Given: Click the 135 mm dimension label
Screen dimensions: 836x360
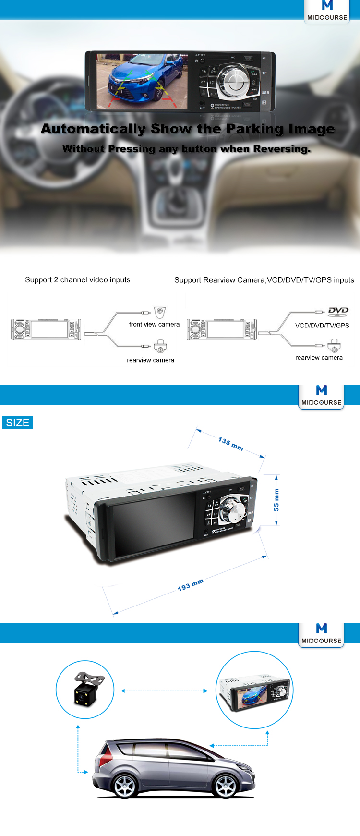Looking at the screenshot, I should tap(230, 444).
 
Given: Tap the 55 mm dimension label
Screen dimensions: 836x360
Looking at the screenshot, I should tap(276, 500).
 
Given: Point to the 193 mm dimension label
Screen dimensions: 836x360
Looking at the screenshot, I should tap(191, 584).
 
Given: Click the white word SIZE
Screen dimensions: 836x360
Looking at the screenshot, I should tap(18, 423).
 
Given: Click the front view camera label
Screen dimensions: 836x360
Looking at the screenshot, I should tap(154, 324).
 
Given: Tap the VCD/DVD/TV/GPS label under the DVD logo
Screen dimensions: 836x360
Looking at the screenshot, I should tap(322, 325).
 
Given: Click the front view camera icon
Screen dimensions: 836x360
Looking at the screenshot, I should tap(160, 312).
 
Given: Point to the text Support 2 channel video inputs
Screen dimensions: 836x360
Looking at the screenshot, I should tap(78, 280).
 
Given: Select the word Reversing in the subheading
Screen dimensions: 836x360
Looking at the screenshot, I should tap(282, 149).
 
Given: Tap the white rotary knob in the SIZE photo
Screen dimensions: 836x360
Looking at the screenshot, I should tap(232, 512).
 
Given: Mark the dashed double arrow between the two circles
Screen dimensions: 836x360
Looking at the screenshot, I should tap(165, 691).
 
